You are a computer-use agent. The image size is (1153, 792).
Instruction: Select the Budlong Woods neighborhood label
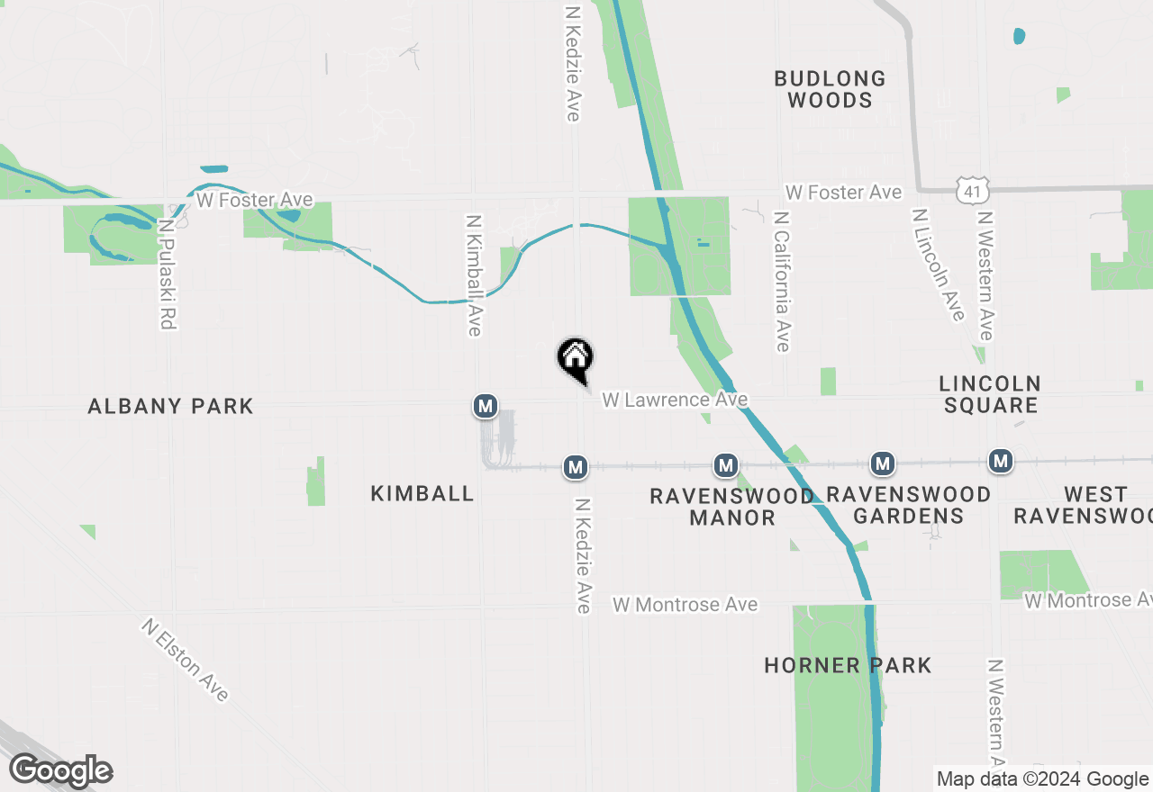pos(830,89)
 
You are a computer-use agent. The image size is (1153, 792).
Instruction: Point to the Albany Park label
pos(170,406)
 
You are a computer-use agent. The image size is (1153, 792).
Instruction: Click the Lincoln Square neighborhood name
pos(991,394)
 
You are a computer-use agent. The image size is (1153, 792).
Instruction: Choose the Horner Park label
pos(848,665)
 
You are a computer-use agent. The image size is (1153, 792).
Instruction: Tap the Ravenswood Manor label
pos(731,507)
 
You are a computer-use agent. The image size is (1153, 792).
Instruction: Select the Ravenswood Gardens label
pos(908,505)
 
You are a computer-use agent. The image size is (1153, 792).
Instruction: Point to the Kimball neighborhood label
pos(422,493)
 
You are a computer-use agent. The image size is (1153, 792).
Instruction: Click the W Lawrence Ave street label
pos(675,399)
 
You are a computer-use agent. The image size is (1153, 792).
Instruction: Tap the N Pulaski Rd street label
pos(166,274)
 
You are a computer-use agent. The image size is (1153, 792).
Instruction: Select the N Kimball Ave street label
pos(474,275)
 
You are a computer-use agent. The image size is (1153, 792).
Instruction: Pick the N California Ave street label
pos(781,283)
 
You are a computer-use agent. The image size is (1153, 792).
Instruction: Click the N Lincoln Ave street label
pos(939,265)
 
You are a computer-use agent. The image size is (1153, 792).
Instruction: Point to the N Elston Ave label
pos(185,660)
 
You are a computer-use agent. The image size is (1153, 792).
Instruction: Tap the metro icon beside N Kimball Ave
pos(486,406)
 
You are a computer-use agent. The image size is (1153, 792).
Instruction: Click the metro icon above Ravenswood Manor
pos(726,465)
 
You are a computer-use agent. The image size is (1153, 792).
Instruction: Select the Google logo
pos(60,770)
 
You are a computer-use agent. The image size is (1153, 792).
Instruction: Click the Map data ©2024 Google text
pos(1042,779)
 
